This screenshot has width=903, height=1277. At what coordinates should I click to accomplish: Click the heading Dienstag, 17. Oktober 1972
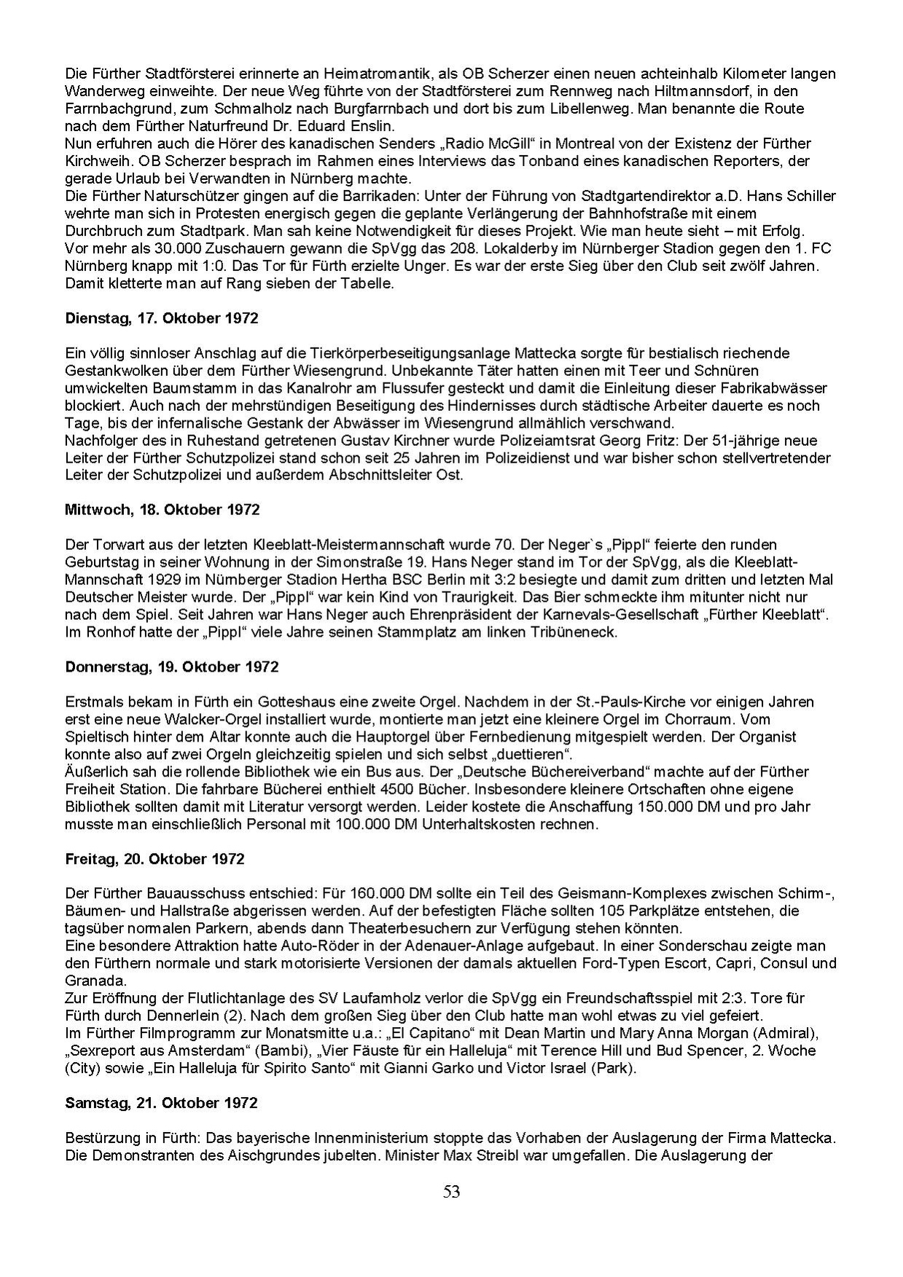pos(161,319)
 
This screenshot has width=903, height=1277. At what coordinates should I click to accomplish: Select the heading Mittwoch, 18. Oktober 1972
pos(162,510)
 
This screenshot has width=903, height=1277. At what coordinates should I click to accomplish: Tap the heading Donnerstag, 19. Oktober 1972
pos(171,667)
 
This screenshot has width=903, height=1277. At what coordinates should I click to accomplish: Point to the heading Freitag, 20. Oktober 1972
pos(155,859)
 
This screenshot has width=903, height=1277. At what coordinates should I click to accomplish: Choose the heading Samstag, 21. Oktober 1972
pos(161,1103)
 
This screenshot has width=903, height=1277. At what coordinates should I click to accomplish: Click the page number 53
pos(451,1192)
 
